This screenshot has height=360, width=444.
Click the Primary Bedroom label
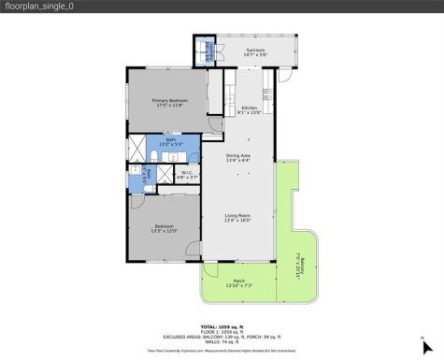coord(171,102)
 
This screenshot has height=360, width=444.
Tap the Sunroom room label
coord(255,51)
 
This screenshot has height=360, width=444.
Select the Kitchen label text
coord(249,110)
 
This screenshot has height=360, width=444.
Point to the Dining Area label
coord(237,157)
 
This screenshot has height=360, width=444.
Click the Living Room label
coord(237,218)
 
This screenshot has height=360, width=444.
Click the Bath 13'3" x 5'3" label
coord(171,143)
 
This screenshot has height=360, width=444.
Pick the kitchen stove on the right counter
coord(267,94)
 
